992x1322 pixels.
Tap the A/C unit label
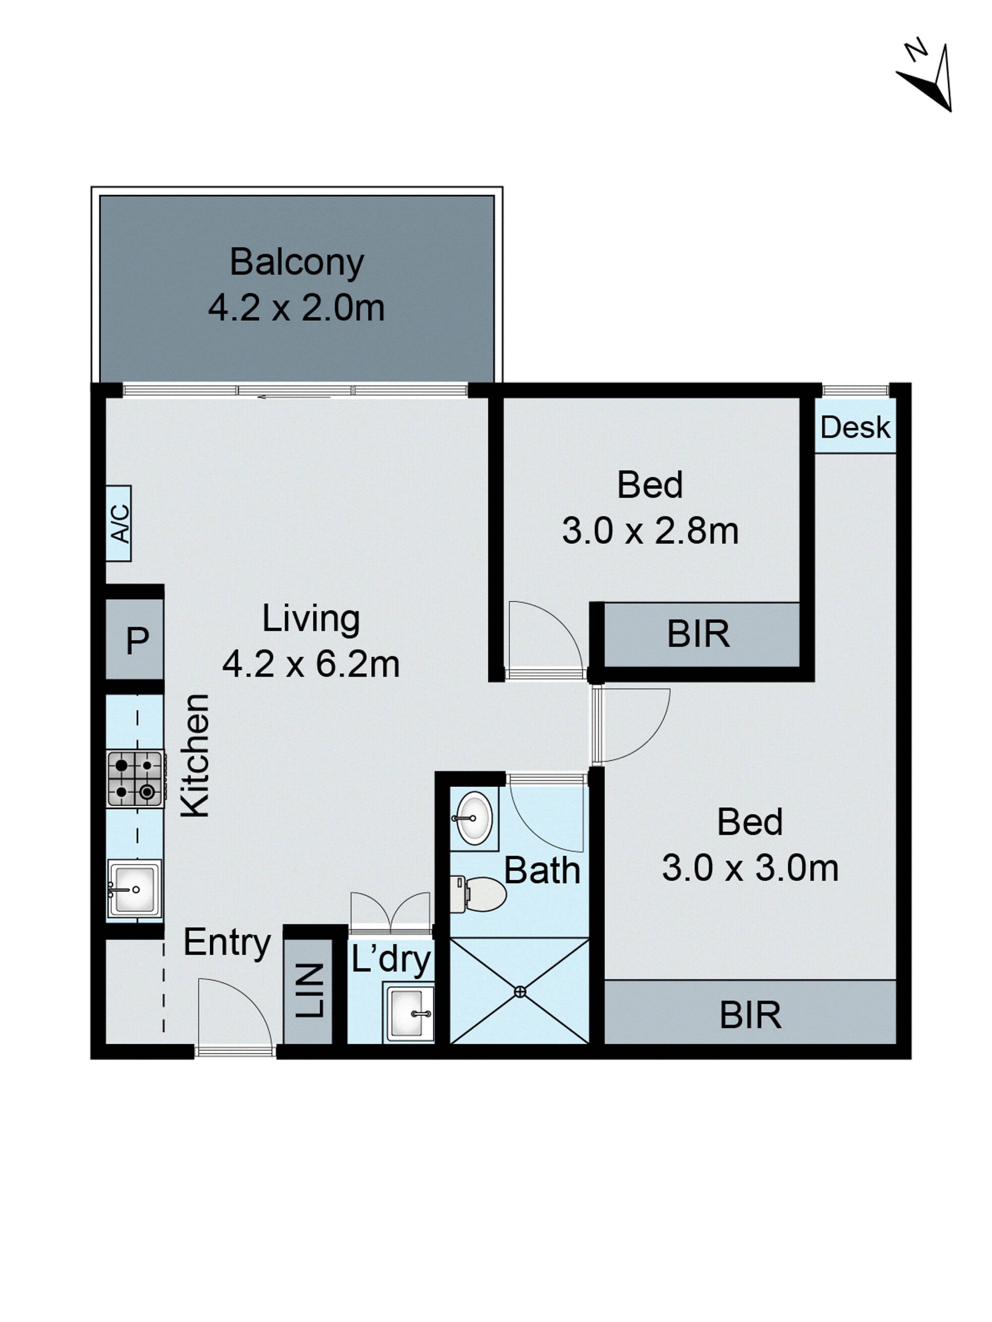pos(119,523)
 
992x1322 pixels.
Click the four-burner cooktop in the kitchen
pos(136,779)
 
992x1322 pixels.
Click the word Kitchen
pos(195,756)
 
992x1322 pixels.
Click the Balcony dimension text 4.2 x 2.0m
pos(296,308)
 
